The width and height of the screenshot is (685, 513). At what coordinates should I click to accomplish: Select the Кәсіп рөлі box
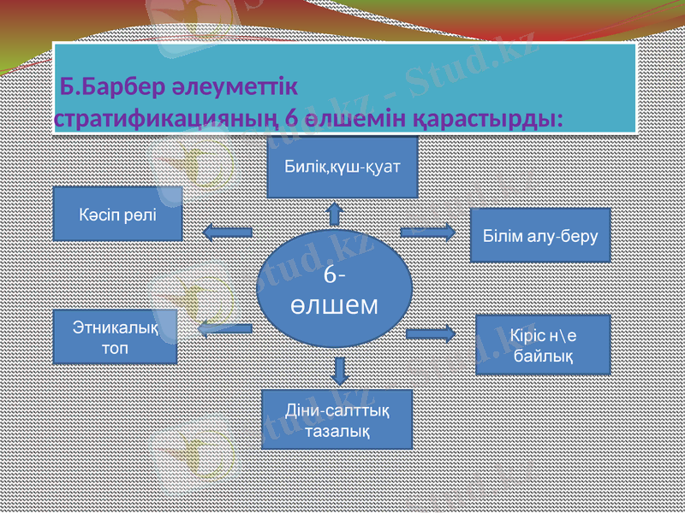117,213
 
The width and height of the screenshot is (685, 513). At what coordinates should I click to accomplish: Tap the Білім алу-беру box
541,234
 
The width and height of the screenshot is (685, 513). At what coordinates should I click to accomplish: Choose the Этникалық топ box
115,336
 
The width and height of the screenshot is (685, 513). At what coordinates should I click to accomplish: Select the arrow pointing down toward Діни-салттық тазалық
340,369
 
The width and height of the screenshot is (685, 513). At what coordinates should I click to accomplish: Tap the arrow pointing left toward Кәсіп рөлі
227,231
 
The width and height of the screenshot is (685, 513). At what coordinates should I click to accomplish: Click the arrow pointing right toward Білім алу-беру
428,230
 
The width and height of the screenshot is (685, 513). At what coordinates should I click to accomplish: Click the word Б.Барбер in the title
93,87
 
